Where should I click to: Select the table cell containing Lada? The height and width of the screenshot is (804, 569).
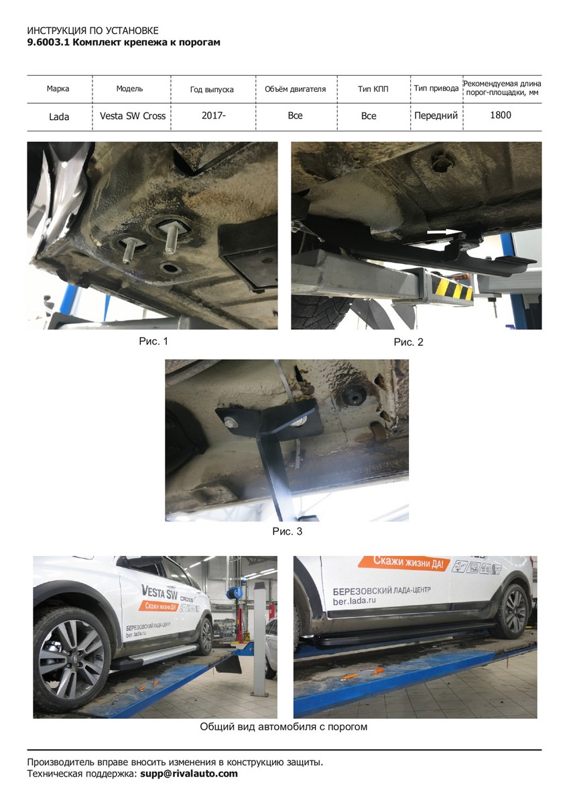(59, 117)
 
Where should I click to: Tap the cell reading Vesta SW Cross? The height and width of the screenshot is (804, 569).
(133, 116)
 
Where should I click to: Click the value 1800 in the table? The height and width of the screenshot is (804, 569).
(501, 115)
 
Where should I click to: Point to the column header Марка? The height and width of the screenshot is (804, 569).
(58, 88)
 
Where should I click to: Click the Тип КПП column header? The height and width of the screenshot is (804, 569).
(373, 88)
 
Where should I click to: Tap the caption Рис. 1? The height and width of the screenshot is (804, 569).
(153, 341)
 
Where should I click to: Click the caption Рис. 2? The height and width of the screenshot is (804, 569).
(409, 342)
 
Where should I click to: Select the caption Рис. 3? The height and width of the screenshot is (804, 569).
(288, 531)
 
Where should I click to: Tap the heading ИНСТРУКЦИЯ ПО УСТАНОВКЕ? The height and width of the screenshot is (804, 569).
(92, 31)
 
